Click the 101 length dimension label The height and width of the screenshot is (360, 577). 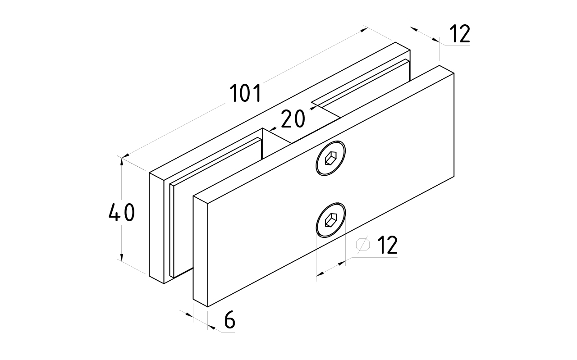pos(245,94)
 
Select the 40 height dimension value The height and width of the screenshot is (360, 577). pos(122,213)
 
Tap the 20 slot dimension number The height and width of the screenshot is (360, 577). pos(293,119)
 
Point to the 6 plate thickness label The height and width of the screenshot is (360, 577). pos(229,320)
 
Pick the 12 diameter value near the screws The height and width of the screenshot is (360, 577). pos(387,245)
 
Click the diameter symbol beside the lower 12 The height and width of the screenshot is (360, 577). pos(363,244)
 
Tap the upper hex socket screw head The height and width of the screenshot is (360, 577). pos(331,159)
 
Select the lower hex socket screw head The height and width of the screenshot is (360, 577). pos(331,219)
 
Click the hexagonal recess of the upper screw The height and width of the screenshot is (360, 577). pos(331,159)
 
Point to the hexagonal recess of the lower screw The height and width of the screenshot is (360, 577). pos(331,219)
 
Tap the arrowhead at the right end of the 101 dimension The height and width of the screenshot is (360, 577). pos(365,30)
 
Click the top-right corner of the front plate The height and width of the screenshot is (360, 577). pos(440,66)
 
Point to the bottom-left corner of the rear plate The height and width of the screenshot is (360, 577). pos(149,275)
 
